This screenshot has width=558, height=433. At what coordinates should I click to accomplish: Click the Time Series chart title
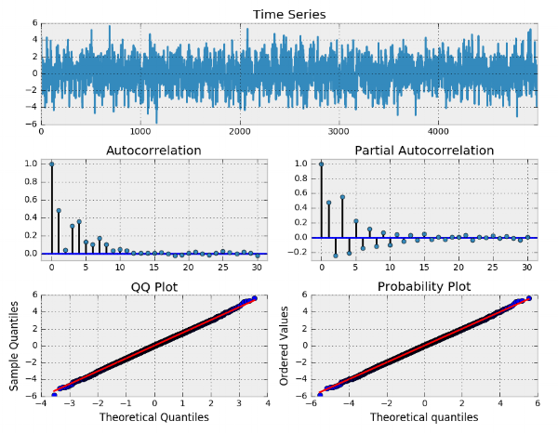(x=288, y=14)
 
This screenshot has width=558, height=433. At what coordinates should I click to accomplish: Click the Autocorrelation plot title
(x=153, y=150)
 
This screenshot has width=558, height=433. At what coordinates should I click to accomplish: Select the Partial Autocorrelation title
(x=424, y=150)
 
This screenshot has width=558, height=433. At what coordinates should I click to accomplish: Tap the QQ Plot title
(x=153, y=285)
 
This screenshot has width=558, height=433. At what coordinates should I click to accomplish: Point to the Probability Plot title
(x=424, y=285)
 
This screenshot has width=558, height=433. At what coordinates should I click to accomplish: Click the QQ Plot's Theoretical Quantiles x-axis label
(x=153, y=417)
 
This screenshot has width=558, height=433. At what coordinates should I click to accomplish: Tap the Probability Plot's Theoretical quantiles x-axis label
(x=424, y=417)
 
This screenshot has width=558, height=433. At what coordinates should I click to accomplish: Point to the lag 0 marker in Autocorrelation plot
(x=51, y=164)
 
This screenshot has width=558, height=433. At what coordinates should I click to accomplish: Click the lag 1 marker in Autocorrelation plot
(x=59, y=210)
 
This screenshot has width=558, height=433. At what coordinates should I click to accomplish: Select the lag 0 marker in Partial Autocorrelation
(x=322, y=164)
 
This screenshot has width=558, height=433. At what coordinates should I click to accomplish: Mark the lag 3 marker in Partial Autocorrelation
(x=342, y=197)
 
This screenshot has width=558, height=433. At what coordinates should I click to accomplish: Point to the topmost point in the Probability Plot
(x=529, y=298)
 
